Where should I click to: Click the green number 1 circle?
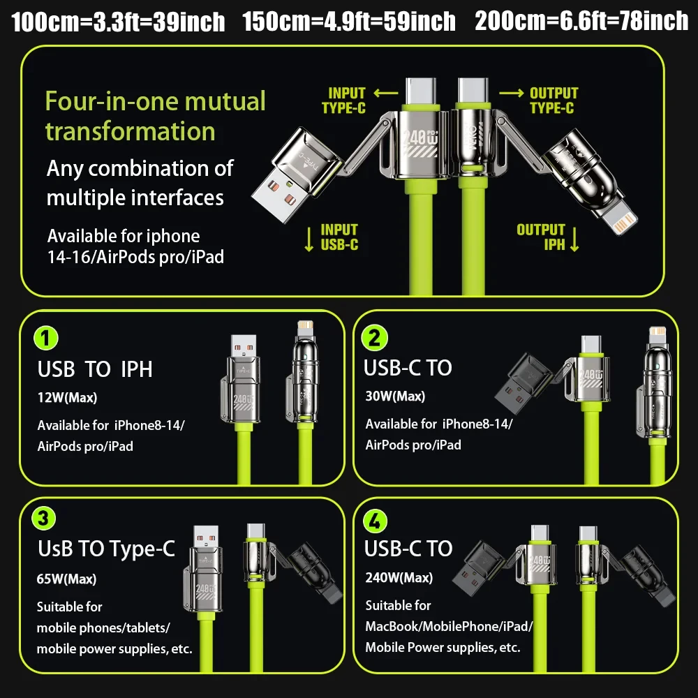[x=46, y=339]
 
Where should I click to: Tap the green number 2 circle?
[x=374, y=339]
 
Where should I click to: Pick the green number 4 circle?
[x=374, y=520]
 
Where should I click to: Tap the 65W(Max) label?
[x=67, y=579]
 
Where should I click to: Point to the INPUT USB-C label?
[x=339, y=237]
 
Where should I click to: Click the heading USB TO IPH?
[x=95, y=369]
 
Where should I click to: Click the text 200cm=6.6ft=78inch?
[x=581, y=22]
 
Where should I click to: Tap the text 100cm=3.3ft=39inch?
[x=119, y=22]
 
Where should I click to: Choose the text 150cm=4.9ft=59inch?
[x=349, y=22]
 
